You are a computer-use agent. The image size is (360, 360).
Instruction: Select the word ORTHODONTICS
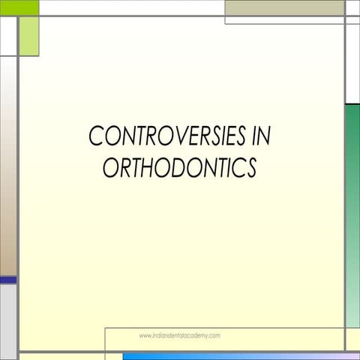179,168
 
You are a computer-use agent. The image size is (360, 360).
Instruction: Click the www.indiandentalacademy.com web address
179,336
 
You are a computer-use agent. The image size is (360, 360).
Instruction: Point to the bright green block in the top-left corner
19,7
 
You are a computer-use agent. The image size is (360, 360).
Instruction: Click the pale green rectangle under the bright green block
28,36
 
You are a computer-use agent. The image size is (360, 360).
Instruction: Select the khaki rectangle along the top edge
284,7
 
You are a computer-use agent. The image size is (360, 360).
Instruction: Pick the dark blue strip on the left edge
7,280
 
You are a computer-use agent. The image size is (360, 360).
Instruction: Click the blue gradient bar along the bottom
240,356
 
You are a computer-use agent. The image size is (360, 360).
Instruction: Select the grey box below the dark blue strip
7,319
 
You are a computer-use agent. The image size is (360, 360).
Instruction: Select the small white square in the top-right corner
352,7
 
